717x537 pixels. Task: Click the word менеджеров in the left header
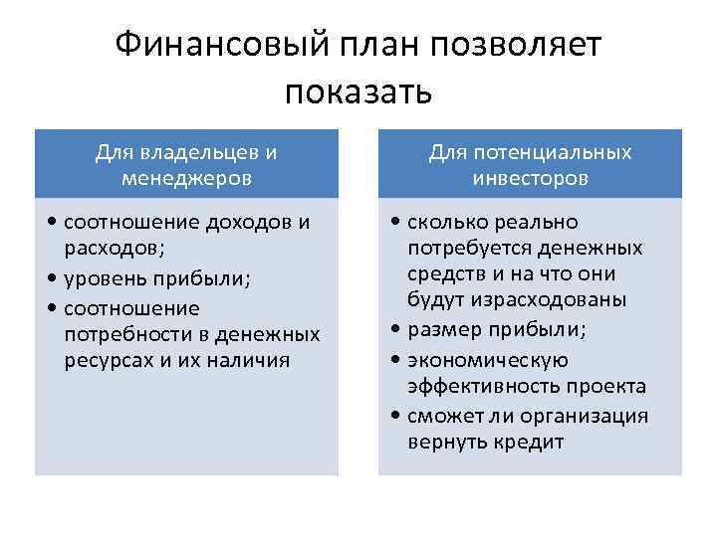tap(186, 179)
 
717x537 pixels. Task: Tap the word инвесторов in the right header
tap(531, 179)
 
